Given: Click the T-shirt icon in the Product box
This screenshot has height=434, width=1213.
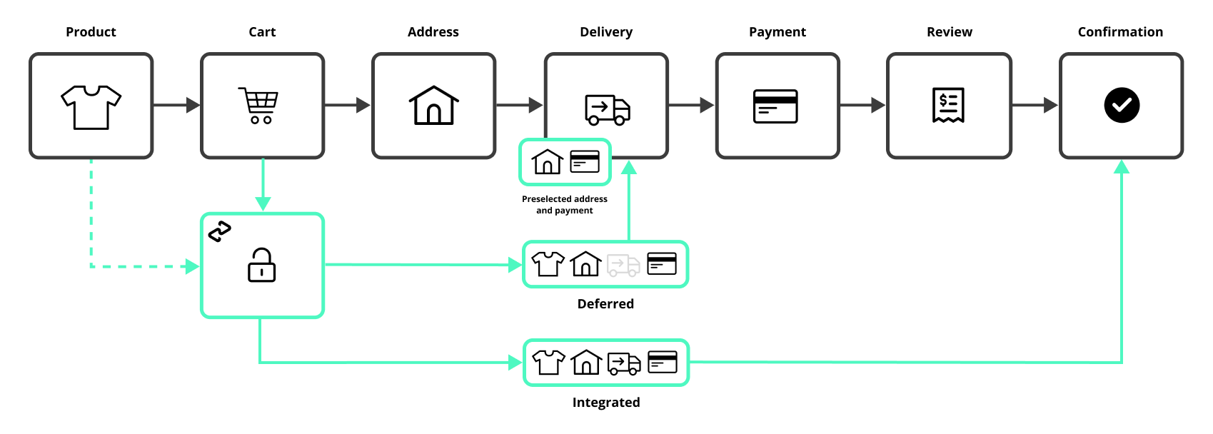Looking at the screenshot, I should point(91,107).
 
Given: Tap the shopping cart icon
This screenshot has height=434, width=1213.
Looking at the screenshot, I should point(259,106).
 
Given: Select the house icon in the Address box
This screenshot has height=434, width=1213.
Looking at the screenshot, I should point(433,106).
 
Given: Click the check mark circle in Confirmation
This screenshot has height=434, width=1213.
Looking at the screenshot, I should point(1122,106).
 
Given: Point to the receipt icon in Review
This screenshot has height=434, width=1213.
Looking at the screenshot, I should point(949,106).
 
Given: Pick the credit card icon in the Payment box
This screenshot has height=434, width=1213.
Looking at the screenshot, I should point(776,106).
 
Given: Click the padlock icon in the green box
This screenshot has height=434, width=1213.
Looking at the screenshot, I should point(262,265).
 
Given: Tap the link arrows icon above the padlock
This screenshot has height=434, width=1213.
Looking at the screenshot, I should point(220,231).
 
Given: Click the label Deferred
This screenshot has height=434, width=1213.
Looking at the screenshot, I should point(605,304).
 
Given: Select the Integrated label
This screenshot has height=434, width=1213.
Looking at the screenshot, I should point(606,403).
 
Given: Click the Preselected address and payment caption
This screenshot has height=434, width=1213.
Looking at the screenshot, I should point(565,205).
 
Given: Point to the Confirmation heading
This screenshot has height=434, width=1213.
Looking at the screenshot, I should point(1120,32).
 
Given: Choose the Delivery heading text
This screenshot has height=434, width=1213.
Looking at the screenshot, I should point(606,32).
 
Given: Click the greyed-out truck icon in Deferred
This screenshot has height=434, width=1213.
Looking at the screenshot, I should point(623,265).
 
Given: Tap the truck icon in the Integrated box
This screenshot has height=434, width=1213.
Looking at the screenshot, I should point(624,363).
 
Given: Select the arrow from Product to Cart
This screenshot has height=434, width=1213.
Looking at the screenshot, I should point(177,106).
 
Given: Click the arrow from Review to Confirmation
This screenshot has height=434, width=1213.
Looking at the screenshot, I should point(1036,106).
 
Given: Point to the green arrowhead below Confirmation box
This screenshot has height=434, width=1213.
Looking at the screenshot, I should point(1122,167).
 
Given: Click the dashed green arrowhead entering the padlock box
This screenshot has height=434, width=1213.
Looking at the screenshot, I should point(192,267).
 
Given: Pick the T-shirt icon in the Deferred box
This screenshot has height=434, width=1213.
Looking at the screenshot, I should point(548,264).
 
